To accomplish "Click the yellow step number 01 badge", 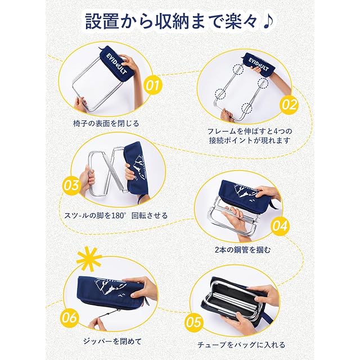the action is (153, 85).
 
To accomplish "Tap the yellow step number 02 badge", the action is (289, 105).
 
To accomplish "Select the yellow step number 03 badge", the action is (71, 186).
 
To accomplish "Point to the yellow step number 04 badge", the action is (280, 226).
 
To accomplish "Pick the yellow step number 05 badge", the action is (193, 322).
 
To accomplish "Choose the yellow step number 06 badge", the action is (69, 318).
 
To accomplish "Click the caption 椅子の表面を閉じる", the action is (106, 124).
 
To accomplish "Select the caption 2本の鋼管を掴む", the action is (242, 250).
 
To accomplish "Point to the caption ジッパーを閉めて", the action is (112, 341).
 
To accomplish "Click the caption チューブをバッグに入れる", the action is (241, 345).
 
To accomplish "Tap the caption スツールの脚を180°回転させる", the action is (116, 215).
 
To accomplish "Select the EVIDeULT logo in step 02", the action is (259, 64).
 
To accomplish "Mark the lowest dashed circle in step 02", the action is (246, 108).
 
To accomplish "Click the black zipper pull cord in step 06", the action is (110, 314).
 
